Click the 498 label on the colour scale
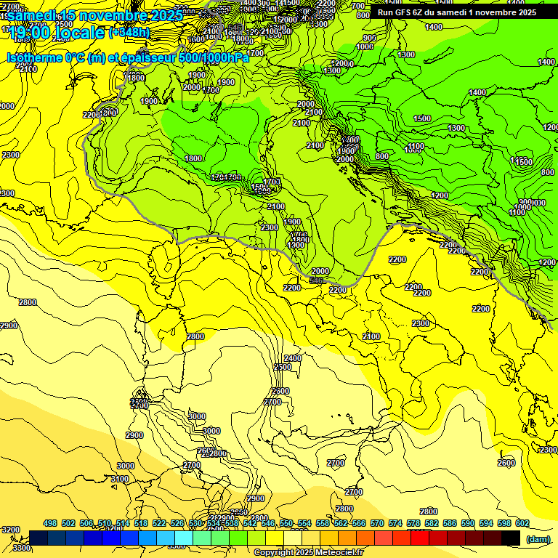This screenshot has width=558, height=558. point(50,523)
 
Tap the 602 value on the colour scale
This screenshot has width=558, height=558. point(522,523)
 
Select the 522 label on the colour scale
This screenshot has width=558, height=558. point(160,523)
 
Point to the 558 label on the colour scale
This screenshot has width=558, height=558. point(323,523)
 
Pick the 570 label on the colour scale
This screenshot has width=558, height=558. point(377,523)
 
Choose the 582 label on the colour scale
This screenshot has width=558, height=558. point(432,523)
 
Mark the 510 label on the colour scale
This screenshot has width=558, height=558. point(105,523)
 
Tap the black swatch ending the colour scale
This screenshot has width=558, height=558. point(511,538)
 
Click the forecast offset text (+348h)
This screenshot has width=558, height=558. point(129,33)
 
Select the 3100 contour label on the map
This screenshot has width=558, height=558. point(120,479)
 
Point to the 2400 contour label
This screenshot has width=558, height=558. point(292,358)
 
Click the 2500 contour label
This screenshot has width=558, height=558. point(282,368)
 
